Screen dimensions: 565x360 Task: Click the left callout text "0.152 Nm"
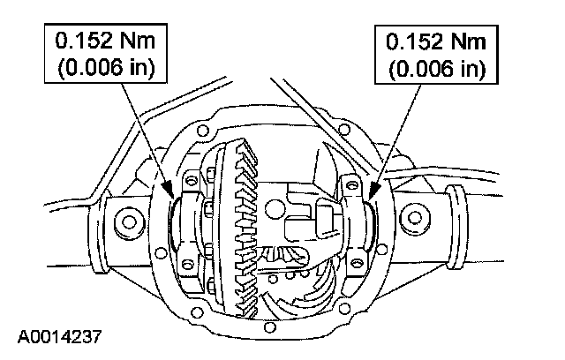pyautogui.click(x=98, y=41)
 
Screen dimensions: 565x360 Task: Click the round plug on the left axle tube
pyautogui.click(x=125, y=220)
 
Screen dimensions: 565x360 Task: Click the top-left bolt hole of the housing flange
pyautogui.click(x=205, y=131)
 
